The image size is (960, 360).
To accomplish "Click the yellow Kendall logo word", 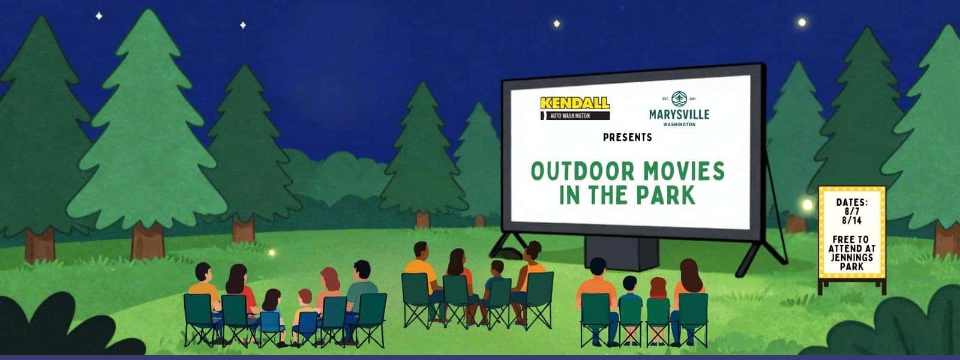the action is click(x=575, y=103).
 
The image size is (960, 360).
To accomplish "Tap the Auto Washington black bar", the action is click(x=575, y=116).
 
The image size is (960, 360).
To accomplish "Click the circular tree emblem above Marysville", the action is click(x=679, y=99).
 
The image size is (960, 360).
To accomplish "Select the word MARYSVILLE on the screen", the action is click(x=679, y=115).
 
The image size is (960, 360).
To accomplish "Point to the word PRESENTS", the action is click(x=628, y=137).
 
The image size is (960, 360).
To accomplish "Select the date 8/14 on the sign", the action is click(x=851, y=221).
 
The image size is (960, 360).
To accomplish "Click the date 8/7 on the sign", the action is click(x=851, y=212).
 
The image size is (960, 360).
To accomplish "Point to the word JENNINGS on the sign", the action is click(x=851, y=257).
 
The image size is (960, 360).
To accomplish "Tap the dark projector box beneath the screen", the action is click(x=622, y=253).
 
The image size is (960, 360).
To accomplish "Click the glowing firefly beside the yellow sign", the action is click(x=807, y=205).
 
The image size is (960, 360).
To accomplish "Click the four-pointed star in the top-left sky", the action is click(x=98, y=16).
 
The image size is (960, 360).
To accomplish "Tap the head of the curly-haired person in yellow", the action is click(x=533, y=251).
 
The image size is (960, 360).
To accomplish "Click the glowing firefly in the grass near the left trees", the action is click(x=271, y=253).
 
